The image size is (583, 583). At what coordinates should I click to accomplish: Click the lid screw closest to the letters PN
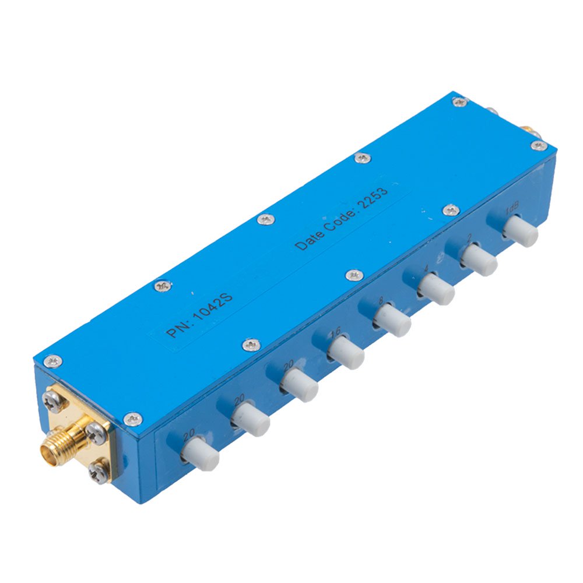pos(162,286)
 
